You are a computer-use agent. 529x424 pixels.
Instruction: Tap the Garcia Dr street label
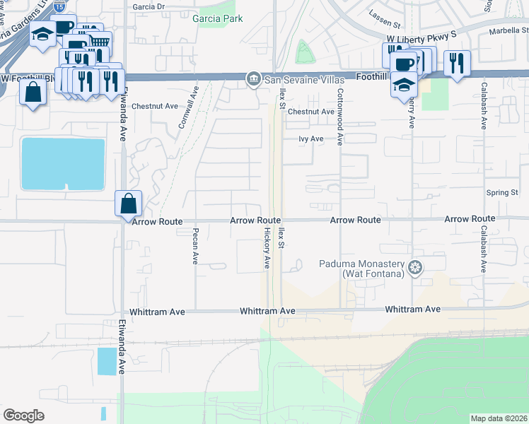149,6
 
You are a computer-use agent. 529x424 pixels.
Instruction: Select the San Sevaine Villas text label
295,78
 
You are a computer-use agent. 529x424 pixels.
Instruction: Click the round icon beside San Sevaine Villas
252,78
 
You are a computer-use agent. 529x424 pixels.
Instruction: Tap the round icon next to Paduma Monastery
416,267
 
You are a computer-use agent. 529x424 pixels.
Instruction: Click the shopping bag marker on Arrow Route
129,204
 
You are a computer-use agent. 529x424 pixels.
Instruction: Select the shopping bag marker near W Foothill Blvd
33,93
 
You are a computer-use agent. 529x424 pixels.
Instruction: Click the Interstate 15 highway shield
59,5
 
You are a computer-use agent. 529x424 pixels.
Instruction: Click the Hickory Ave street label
267,247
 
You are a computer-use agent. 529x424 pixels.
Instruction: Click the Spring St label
502,192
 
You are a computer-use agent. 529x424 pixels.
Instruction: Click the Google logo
24,416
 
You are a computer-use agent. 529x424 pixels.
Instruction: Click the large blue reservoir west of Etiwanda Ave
63,164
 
